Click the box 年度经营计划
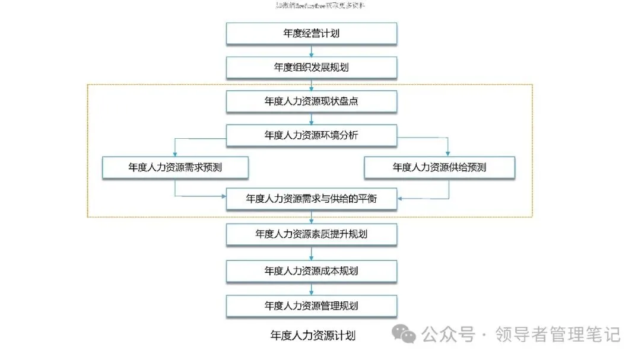point(312,34)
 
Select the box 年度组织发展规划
point(312,68)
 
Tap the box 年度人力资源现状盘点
point(312,101)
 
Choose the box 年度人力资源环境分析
point(312,135)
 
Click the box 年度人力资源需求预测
point(175,168)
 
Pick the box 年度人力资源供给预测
point(439,168)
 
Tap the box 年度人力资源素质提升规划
point(312,234)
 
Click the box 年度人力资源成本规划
point(312,271)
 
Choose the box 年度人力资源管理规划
point(312,306)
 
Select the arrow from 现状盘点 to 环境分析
point(312,119)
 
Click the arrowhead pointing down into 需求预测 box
point(175,154)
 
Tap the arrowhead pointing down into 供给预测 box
point(448,154)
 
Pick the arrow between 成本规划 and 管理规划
point(312,288)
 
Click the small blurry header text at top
point(320,6)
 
